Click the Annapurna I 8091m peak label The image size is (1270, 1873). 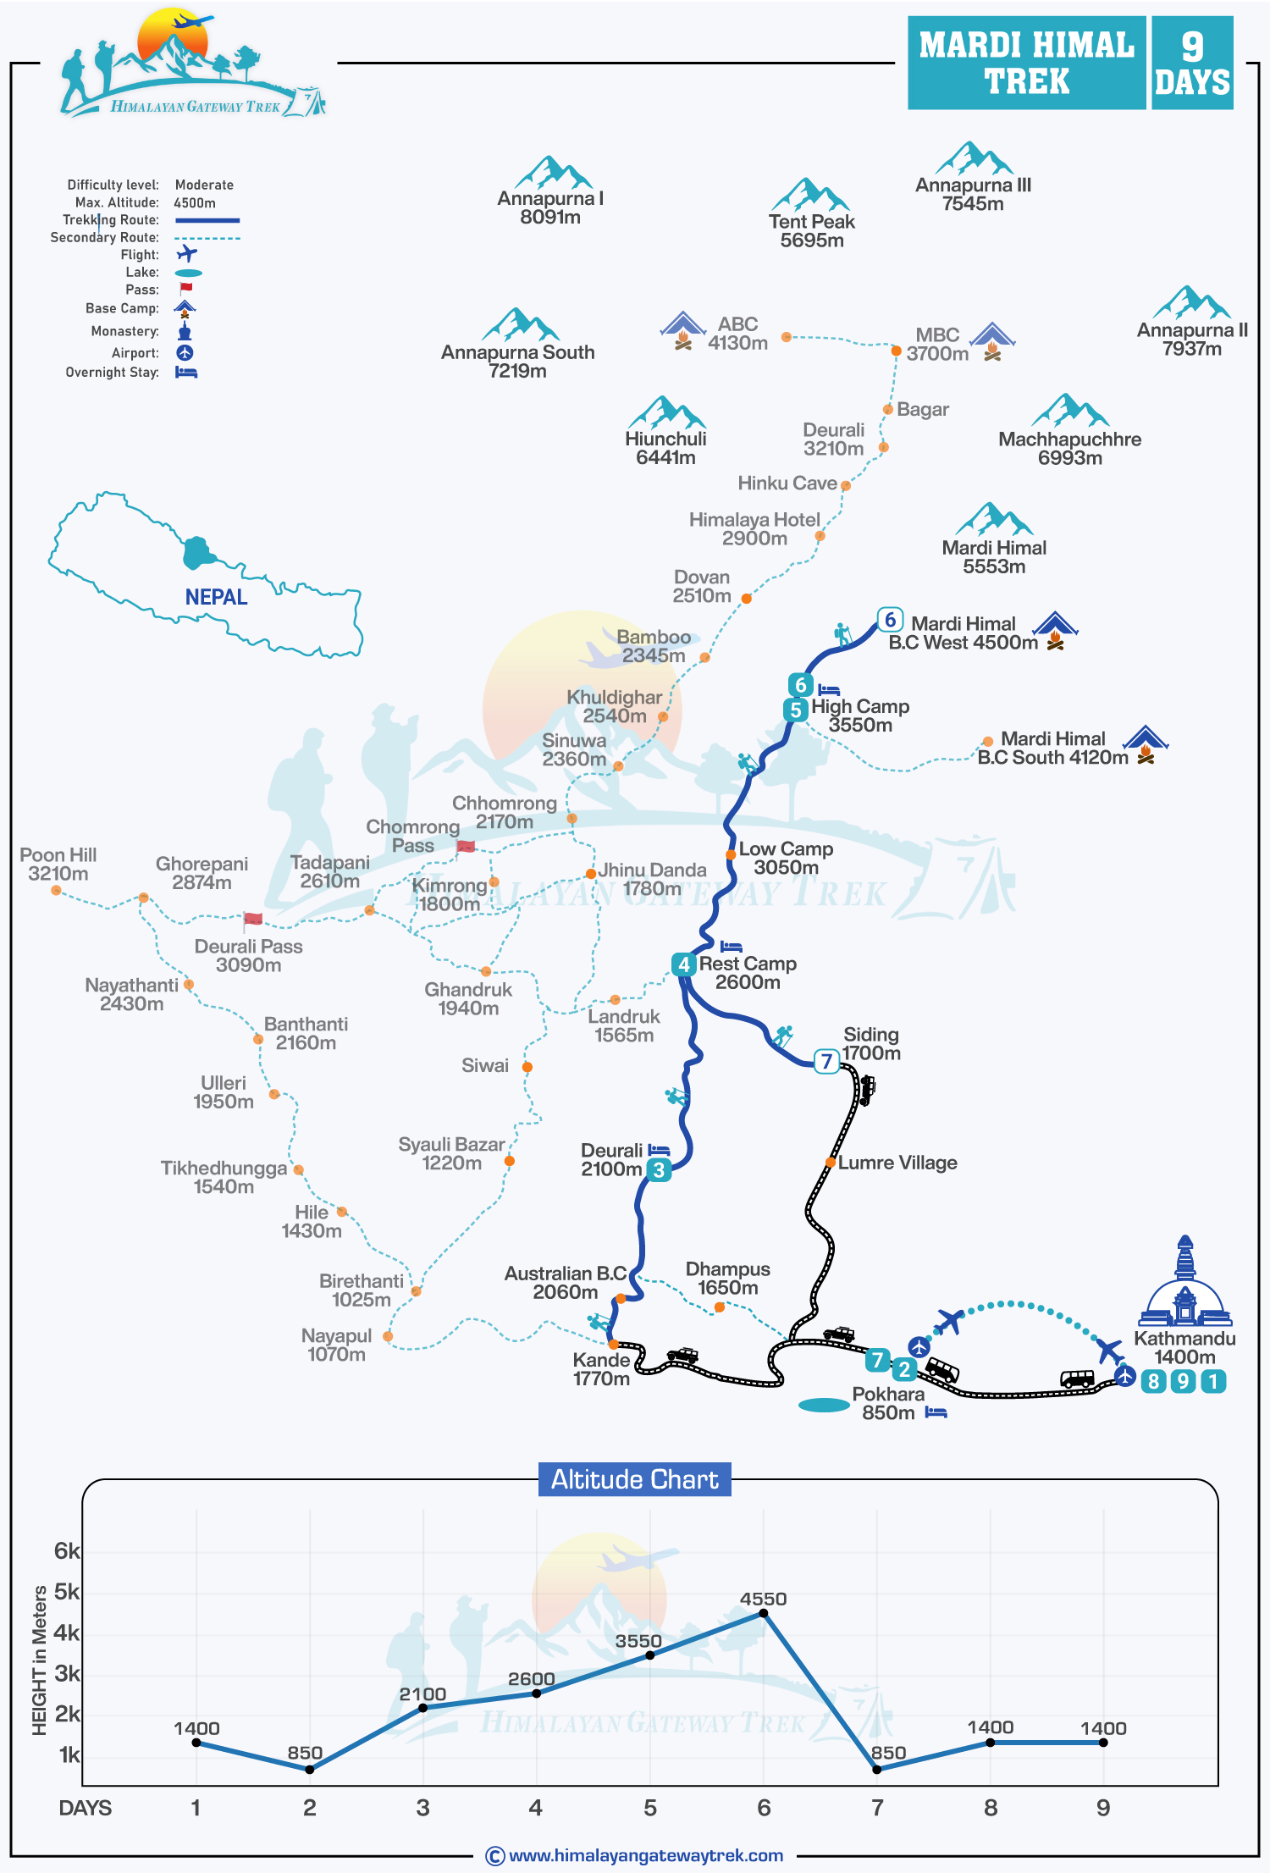[x=550, y=208]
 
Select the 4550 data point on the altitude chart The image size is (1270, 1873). [x=763, y=1613]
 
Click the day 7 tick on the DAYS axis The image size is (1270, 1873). [x=877, y=1808]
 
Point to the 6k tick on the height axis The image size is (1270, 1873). [x=66, y=1550]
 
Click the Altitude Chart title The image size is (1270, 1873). [x=635, y=1479]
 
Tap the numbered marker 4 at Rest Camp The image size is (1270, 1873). [x=683, y=964]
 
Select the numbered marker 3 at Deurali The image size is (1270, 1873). [x=659, y=1170]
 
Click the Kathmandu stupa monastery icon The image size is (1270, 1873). [x=1184, y=1283]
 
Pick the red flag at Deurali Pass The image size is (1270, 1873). [x=252, y=919]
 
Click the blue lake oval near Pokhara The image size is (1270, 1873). [x=824, y=1406]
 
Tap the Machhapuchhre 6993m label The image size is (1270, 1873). [x=1069, y=449]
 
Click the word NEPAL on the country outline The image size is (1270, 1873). [x=216, y=597]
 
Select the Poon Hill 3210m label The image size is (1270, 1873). [x=58, y=865]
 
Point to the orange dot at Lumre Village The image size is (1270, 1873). [x=831, y=1163]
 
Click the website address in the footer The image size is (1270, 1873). [x=645, y=1856]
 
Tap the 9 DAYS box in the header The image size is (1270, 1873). [x=1191, y=64]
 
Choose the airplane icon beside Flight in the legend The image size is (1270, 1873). [x=186, y=253]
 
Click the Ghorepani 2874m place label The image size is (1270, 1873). [x=202, y=873]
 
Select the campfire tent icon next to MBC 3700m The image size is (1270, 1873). [x=992, y=341]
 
